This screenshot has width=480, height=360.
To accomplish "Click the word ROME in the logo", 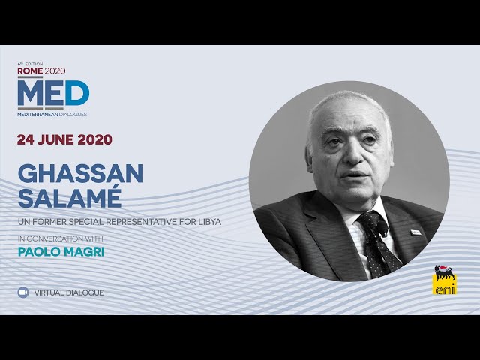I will coord(30,70).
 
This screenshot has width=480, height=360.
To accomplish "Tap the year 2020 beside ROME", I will coord(55,70).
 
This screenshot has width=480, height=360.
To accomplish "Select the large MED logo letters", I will coord(53,92).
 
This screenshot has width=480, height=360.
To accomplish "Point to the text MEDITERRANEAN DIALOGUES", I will coord(52,115).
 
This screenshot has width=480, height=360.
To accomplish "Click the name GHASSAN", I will coord(79,173).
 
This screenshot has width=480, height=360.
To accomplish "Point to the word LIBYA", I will coord(208,223).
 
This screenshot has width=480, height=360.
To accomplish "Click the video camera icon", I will coord(23,292).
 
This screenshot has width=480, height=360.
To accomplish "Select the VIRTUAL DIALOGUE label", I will coord(69,292).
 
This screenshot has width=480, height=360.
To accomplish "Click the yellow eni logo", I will coord(444,280).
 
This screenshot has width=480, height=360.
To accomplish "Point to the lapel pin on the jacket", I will coord(415,232).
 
